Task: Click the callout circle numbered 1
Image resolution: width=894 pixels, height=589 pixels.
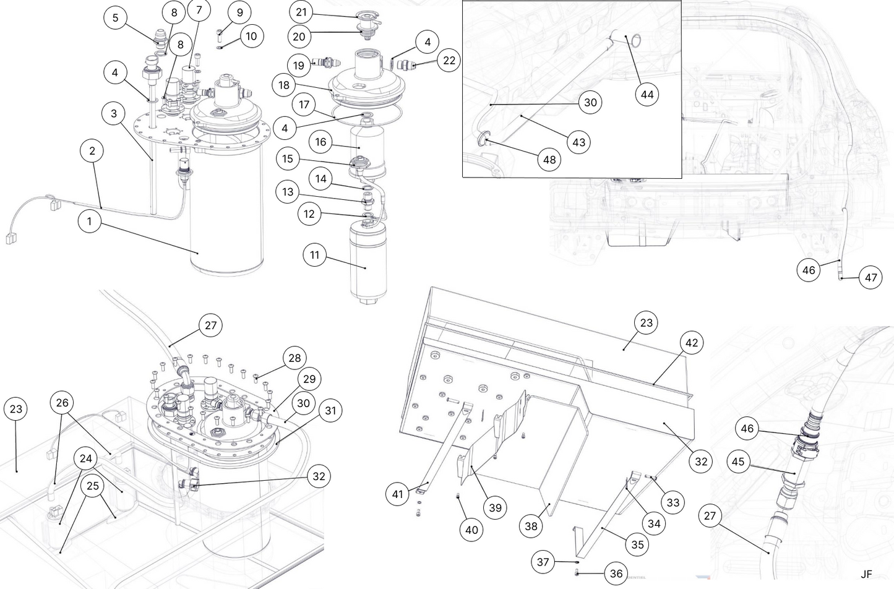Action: (x=90, y=221)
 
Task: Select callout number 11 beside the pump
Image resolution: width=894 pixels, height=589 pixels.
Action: (x=315, y=255)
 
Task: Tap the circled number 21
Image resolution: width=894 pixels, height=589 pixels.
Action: (x=301, y=12)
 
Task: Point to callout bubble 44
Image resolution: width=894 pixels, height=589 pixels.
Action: (x=647, y=95)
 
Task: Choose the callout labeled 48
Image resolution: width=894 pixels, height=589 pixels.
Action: (x=549, y=160)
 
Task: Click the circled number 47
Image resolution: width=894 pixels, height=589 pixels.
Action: (x=870, y=277)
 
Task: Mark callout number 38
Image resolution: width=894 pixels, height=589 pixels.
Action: (x=531, y=526)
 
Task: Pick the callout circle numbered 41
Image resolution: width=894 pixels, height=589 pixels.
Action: (x=397, y=494)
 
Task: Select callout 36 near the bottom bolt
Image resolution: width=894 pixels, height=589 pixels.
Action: (x=616, y=574)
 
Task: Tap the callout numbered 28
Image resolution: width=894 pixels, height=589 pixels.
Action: (x=294, y=358)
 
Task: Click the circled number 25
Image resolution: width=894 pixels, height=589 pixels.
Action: (x=93, y=486)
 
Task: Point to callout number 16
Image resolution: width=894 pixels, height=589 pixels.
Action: (x=320, y=142)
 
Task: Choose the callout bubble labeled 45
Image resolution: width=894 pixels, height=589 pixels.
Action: (x=738, y=462)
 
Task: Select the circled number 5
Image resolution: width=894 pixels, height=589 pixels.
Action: (x=115, y=17)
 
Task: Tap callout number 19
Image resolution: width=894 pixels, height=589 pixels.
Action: (x=299, y=65)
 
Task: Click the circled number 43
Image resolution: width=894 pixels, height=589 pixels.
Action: (x=578, y=142)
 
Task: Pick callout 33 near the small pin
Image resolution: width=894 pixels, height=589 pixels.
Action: (x=673, y=502)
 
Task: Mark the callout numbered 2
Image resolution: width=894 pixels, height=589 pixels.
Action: (x=92, y=150)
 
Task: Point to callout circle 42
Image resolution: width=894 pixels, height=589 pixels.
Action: (x=692, y=343)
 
